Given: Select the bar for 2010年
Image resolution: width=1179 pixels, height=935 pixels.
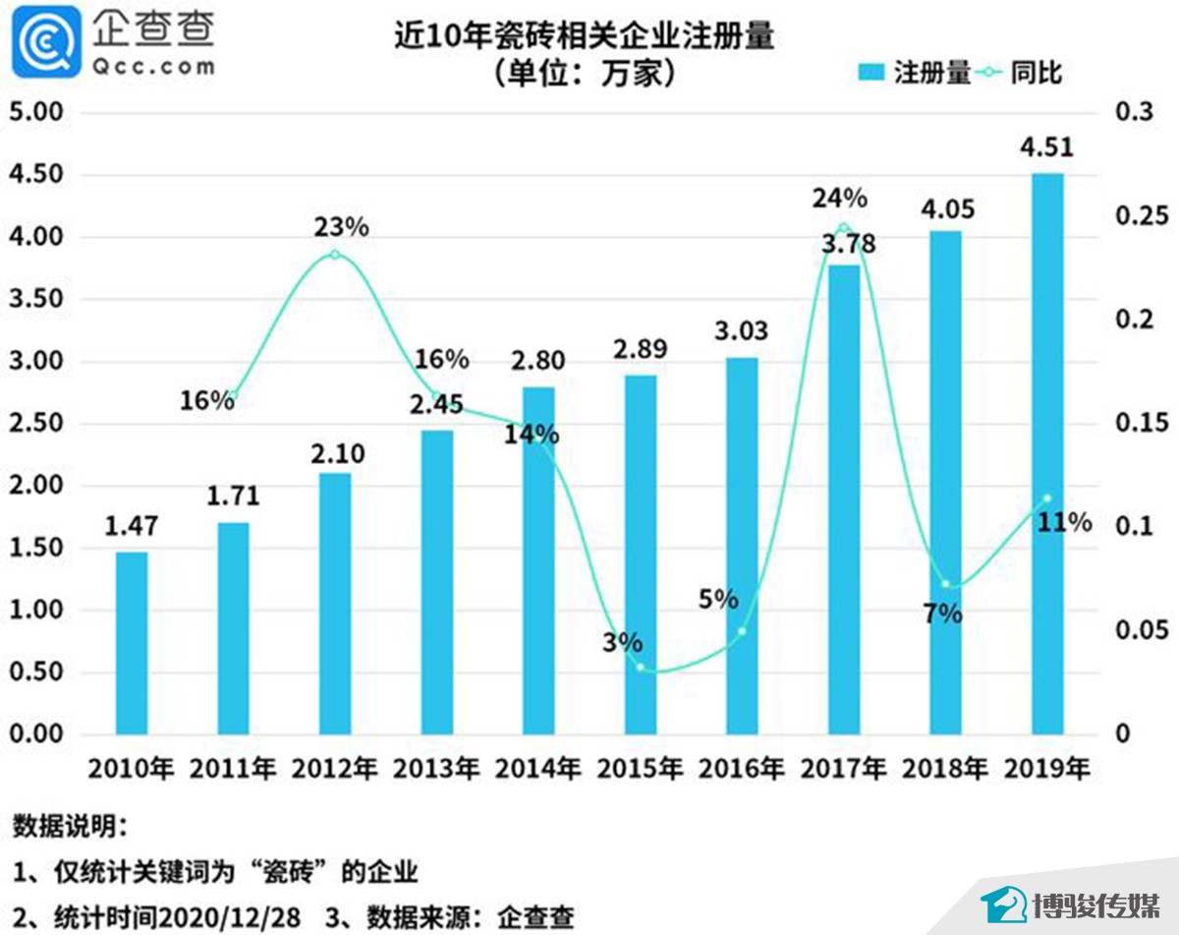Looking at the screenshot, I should tap(132, 643).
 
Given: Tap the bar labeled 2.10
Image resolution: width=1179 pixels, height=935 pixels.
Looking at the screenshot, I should tap(335, 604).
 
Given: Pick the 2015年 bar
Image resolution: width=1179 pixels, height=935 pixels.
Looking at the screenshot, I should tap(641, 555).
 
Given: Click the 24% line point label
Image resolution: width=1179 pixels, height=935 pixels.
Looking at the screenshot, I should tap(839, 199).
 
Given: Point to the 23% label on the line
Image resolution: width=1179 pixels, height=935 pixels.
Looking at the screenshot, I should tap(341, 227).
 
